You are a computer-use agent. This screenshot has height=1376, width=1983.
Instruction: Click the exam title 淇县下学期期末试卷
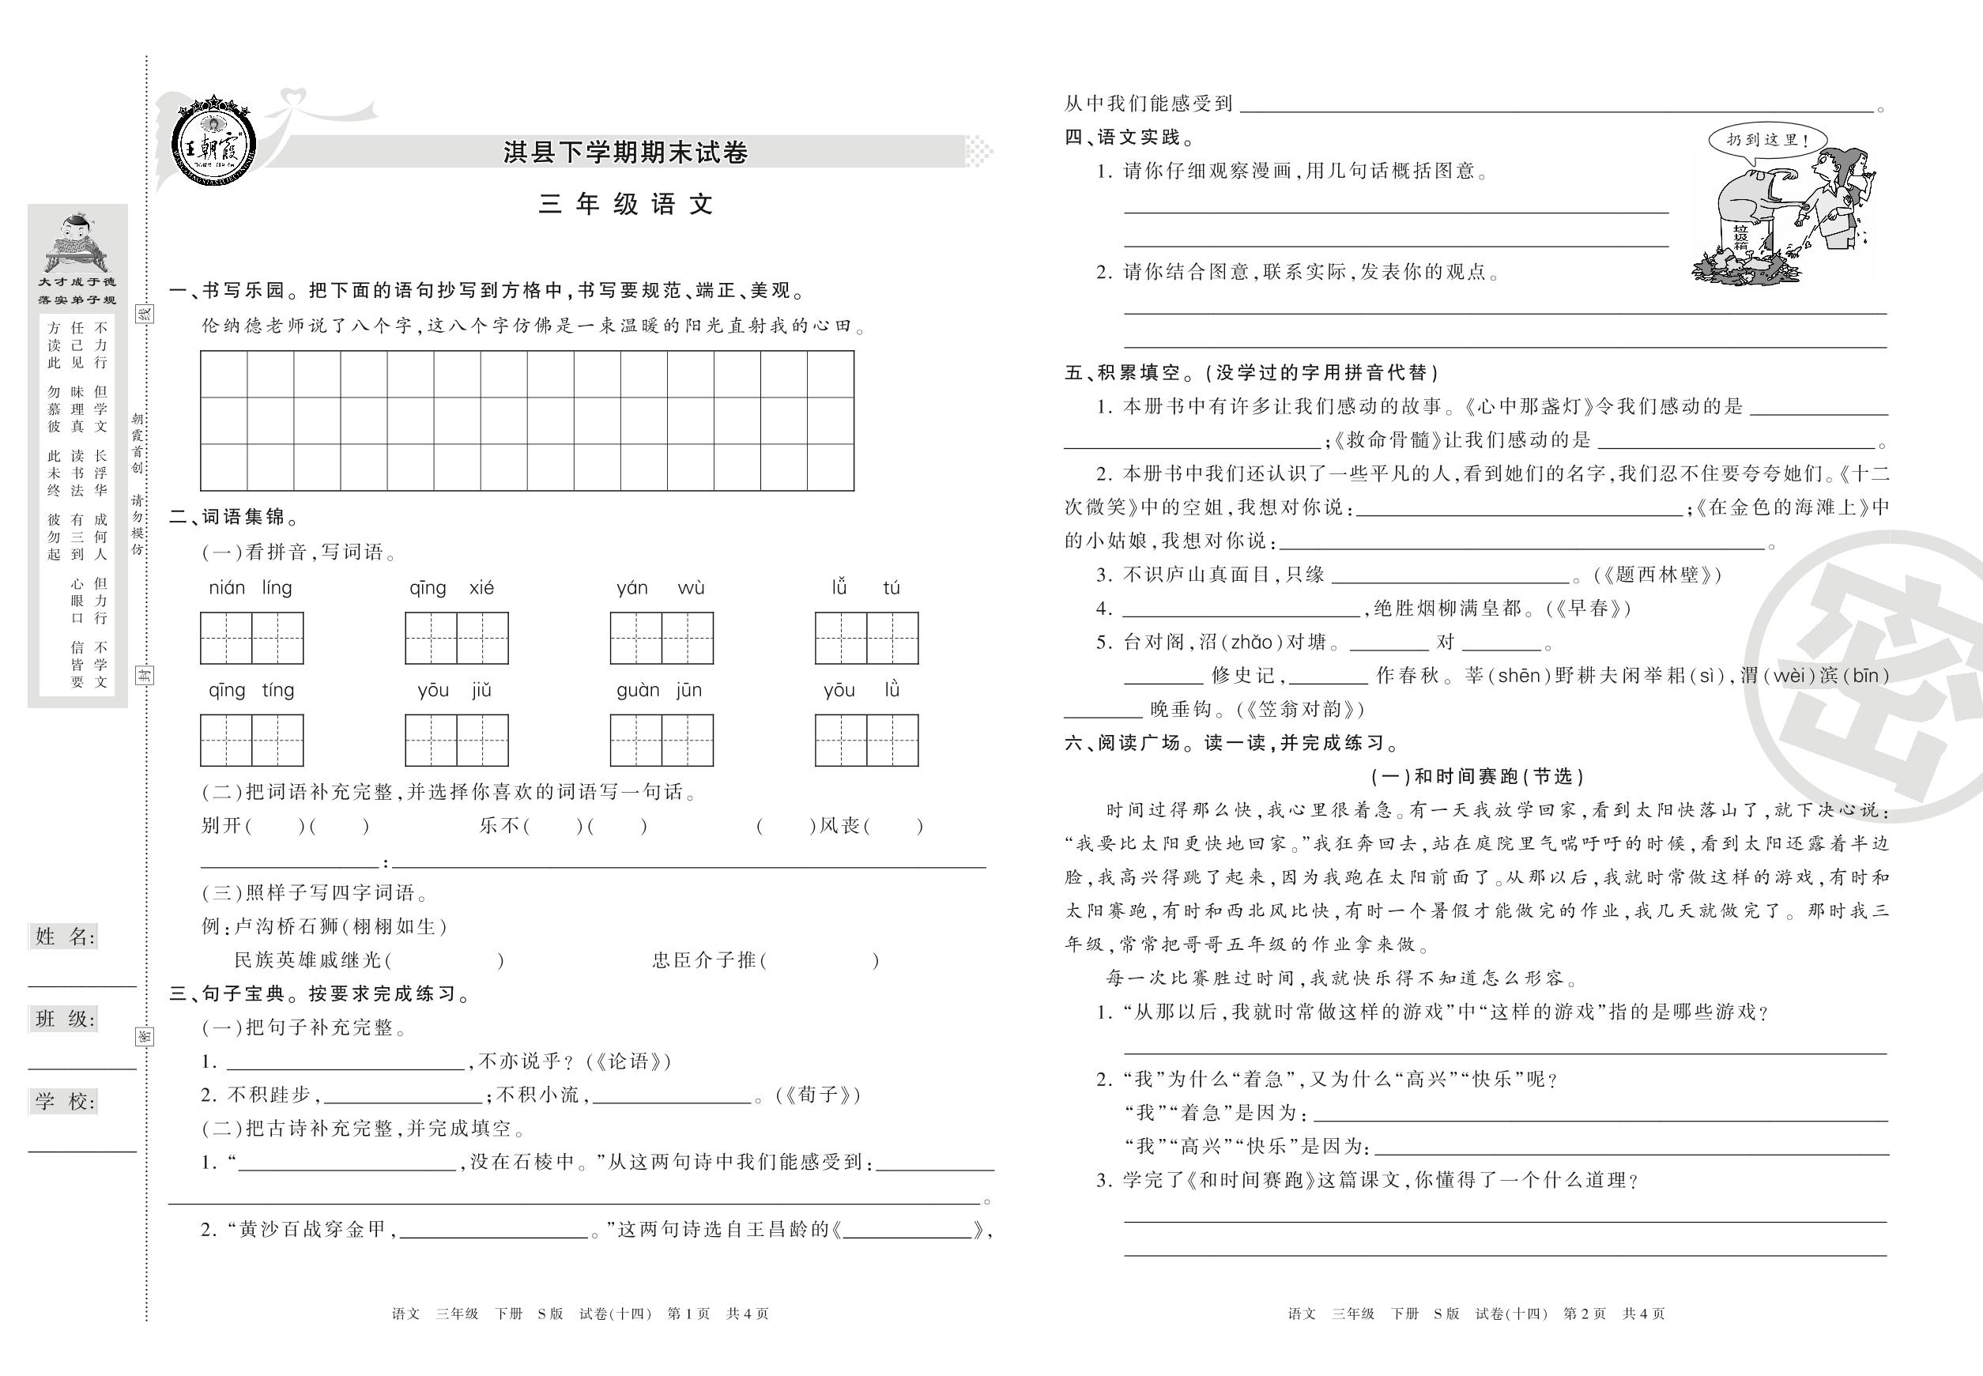click(x=625, y=153)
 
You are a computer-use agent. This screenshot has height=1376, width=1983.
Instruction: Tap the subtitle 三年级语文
click(x=627, y=205)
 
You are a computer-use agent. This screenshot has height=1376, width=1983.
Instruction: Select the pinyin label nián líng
click(x=250, y=588)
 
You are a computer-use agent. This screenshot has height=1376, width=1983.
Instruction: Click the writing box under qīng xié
click(x=456, y=638)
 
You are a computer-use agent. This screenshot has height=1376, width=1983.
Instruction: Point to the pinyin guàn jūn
click(x=660, y=690)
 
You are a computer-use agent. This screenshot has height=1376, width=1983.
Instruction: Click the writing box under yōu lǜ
click(x=866, y=740)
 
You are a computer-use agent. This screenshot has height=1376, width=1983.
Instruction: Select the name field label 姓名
click(x=65, y=937)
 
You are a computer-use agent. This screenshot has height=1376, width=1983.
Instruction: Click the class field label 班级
click(x=65, y=1019)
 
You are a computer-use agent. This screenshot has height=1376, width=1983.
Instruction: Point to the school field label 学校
click(x=65, y=1101)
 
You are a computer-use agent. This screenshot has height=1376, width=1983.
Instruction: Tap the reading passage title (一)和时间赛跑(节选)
click(x=1477, y=777)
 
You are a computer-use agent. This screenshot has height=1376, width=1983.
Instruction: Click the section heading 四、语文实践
click(x=1129, y=137)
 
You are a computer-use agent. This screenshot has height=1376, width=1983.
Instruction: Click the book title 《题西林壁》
click(x=1657, y=575)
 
